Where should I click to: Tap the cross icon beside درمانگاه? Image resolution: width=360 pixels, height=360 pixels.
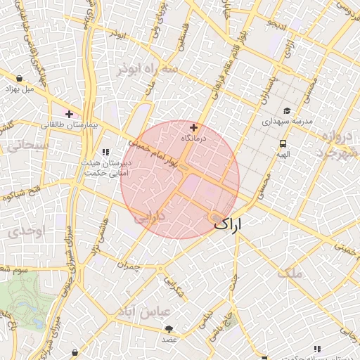click(x=194, y=128)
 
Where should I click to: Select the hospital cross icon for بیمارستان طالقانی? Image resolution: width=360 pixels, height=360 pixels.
click(x=69, y=114)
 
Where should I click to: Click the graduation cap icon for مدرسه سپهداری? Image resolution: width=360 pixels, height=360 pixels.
click(x=287, y=111)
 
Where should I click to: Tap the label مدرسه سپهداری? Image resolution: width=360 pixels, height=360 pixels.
click(x=287, y=122)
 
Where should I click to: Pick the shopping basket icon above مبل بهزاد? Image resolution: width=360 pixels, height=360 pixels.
click(x=19, y=79)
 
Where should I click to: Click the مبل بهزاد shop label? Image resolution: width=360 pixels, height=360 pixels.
click(x=19, y=89)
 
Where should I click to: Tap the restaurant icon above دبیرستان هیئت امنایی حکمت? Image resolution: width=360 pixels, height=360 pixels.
click(x=105, y=152)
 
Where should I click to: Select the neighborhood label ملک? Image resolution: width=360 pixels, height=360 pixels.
click(x=290, y=273)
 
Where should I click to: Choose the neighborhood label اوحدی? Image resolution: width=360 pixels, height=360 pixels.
click(x=27, y=231)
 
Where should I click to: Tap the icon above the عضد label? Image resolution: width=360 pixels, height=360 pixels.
click(x=169, y=328)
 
